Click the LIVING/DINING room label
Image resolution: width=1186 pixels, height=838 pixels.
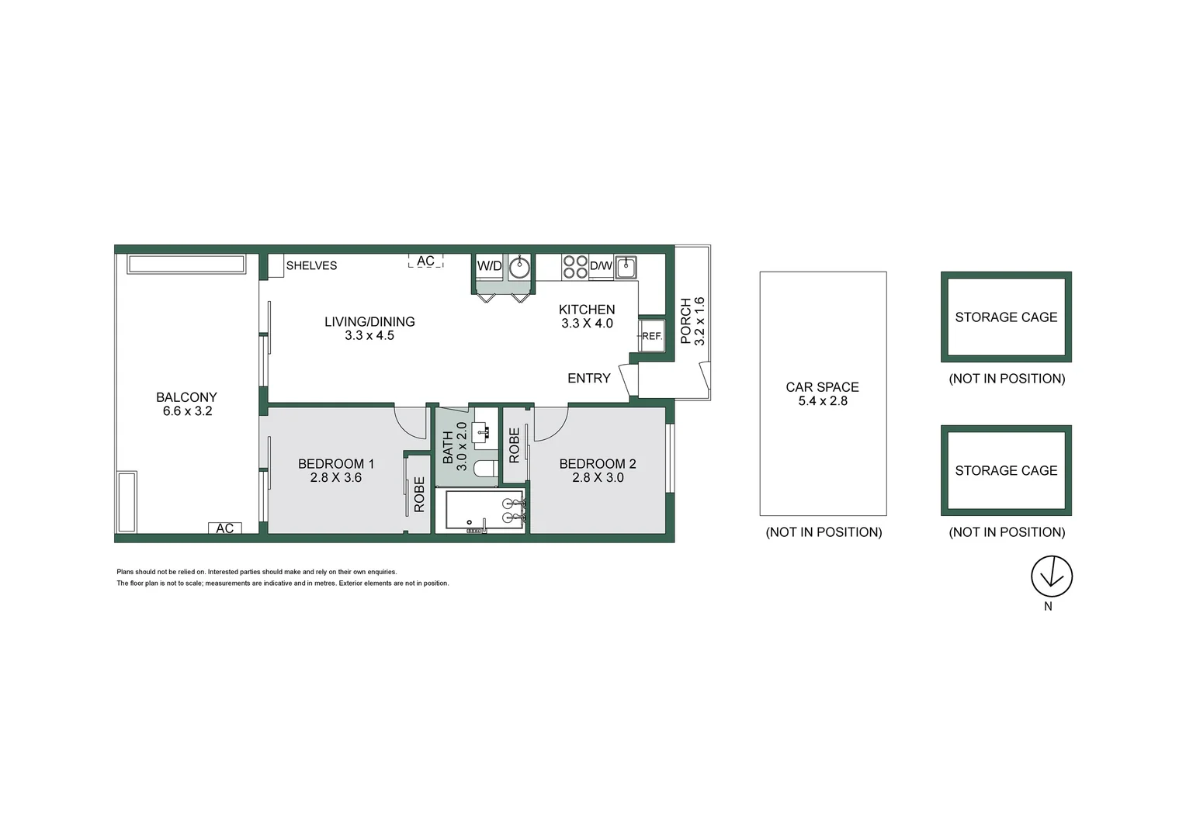coord(369,328)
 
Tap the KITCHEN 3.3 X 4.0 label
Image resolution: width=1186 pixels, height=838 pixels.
coord(587,317)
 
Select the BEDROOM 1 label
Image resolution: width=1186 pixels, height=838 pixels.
coord(336,470)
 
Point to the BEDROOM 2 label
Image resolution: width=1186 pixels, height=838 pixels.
coord(598,470)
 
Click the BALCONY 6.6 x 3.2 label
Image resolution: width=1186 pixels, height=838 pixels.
coord(187,403)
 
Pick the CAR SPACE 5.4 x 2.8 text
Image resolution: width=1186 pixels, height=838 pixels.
coord(823,393)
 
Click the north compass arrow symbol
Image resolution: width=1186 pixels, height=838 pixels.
coord(1052,577)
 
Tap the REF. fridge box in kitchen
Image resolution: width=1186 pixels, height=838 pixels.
coord(652,336)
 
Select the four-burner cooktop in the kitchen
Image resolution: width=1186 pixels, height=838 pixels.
coord(575,267)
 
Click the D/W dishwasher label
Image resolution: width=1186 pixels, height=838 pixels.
coord(601,266)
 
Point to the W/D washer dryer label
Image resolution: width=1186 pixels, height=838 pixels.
coord(489,266)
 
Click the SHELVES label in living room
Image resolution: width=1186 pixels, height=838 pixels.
coord(311,265)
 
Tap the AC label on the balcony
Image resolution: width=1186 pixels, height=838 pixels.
coord(225,528)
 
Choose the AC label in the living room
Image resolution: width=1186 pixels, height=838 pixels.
coord(425,261)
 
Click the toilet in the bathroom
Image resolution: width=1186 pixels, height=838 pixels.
coord(487,469)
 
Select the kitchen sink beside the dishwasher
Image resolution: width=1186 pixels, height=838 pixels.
coord(626,267)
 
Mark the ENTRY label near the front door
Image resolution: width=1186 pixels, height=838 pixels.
coord(589,378)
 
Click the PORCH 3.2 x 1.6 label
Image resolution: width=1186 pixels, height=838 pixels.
coord(692,320)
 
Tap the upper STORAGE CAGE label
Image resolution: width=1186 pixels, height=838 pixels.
coord(1006,317)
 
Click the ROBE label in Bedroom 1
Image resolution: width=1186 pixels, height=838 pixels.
coord(419,494)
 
